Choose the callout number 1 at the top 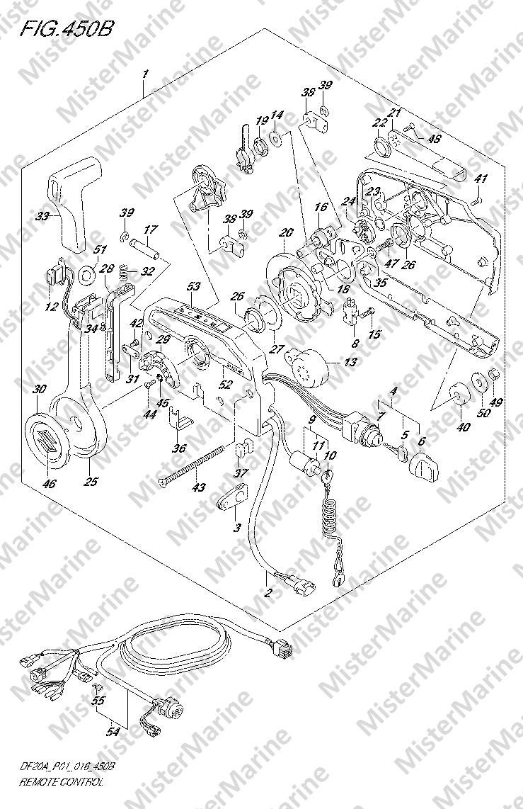click(144, 74)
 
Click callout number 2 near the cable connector click(268, 593)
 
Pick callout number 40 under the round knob click(463, 426)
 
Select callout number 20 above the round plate click(286, 232)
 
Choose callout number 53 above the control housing click(193, 287)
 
